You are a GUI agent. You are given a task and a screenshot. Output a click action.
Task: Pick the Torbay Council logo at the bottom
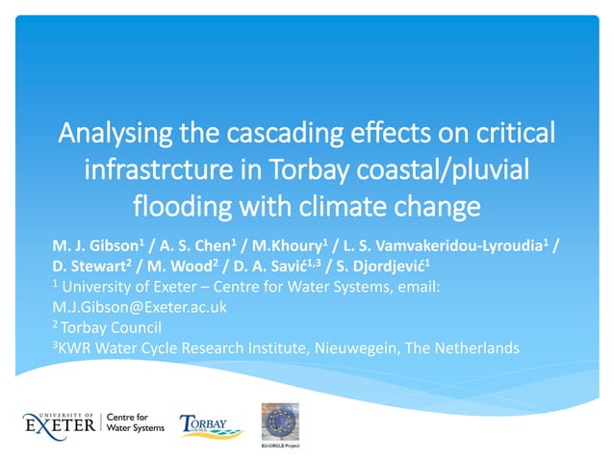[205, 422]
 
